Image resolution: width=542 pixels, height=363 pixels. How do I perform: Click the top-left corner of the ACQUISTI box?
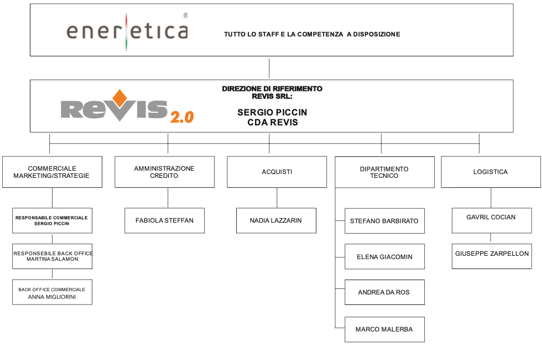pos(227,156)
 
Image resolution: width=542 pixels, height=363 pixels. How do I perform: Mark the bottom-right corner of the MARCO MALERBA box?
pos(425,342)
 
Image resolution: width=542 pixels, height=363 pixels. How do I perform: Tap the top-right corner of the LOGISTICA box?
pos(541,156)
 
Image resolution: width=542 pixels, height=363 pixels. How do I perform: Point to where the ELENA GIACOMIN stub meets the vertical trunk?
pos(335,257)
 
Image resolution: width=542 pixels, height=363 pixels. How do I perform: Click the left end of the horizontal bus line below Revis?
pos(49,143)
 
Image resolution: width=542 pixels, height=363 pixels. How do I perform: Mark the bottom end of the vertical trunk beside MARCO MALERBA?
pos(335,328)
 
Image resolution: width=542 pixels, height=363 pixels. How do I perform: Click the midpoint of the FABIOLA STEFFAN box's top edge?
pos(165,208)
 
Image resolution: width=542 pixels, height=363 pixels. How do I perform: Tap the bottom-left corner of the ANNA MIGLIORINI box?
pos(12,304)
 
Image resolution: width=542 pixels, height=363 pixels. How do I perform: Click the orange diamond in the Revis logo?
pos(119,98)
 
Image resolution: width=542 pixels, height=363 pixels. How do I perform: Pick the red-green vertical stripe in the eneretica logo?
pos(127,32)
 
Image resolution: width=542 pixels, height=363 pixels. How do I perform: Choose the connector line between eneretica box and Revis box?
pos(269,69)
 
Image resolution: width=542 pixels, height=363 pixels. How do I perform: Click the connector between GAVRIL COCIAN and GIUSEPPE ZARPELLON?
pos(491,238)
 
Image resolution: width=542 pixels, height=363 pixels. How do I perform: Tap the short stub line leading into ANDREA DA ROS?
pos(340,289)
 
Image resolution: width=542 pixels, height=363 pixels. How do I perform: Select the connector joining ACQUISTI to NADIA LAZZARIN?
pos(277,198)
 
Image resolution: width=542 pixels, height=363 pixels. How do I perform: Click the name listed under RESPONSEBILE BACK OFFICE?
pos(53,259)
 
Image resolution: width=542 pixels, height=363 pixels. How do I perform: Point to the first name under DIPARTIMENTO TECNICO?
pos(384,221)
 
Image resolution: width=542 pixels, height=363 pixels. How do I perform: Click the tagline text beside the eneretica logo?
pos(312,34)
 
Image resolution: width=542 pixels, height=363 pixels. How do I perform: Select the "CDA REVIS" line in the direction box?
pos(272,122)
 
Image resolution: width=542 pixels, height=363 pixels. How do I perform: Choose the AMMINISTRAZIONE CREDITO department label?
pos(164,172)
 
